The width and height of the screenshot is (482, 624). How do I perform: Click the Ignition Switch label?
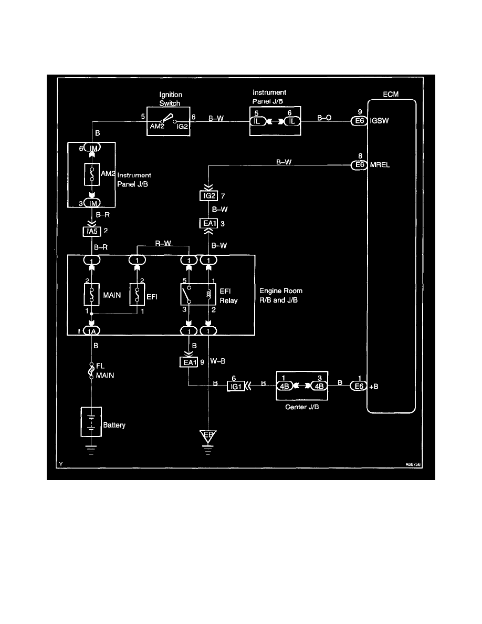pos(170,99)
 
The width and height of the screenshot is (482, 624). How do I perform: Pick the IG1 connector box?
pos(235,387)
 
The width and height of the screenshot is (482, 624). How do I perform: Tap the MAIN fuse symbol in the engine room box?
pos(92,296)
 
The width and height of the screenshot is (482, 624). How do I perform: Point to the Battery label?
pos(113,424)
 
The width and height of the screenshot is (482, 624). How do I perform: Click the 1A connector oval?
pos(92,331)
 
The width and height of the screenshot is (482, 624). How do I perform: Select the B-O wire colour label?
pos(325,119)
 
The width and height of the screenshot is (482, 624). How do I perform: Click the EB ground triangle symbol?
pos(209,436)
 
